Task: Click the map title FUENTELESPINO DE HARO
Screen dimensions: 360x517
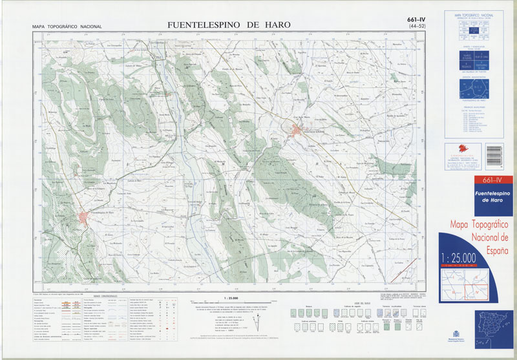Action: tap(229, 25)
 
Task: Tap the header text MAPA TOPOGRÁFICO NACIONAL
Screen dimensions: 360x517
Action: tap(67, 27)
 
